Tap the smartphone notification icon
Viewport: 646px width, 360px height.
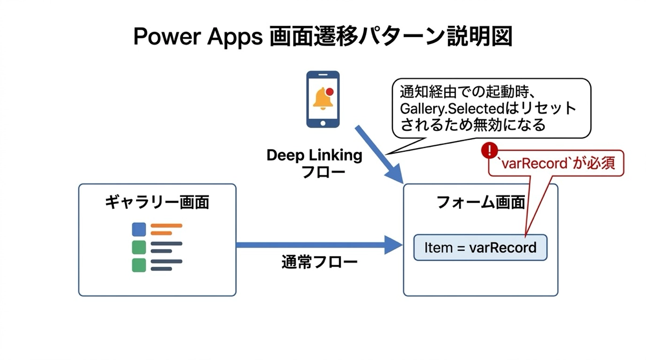coord(323,99)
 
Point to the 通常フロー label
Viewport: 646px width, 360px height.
coord(319,263)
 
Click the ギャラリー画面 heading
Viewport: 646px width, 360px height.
coord(157,202)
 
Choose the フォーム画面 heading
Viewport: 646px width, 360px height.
coord(480,202)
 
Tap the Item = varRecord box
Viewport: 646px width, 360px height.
coord(480,248)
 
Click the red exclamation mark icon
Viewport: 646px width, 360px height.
coord(489,150)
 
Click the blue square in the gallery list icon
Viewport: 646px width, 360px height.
coord(139,229)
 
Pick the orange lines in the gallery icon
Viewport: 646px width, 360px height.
coord(165,229)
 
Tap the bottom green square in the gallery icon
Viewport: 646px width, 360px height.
coord(139,265)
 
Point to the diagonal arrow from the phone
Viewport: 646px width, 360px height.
coord(380,153)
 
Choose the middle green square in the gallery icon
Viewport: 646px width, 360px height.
coord(139,248)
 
